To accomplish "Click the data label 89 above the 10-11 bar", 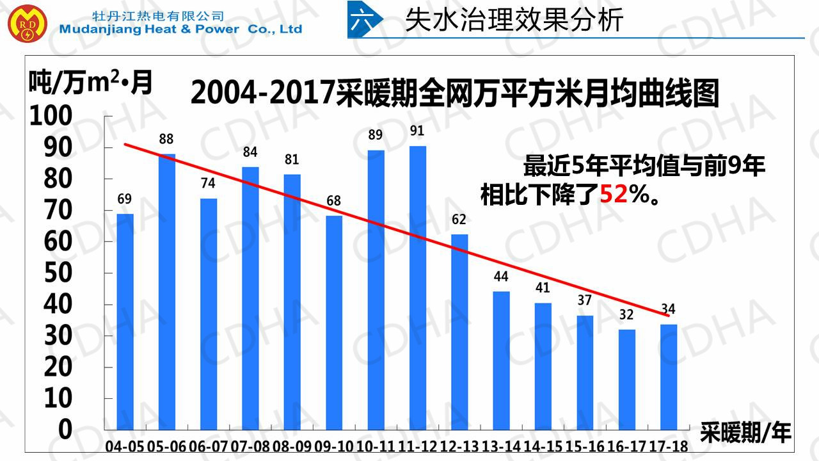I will click(376, 136).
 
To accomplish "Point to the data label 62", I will click(459, 220).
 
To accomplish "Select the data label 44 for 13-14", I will click(501, 277).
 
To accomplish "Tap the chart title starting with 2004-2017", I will click(455, 93).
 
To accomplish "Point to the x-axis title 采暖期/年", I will click(745, 432).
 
